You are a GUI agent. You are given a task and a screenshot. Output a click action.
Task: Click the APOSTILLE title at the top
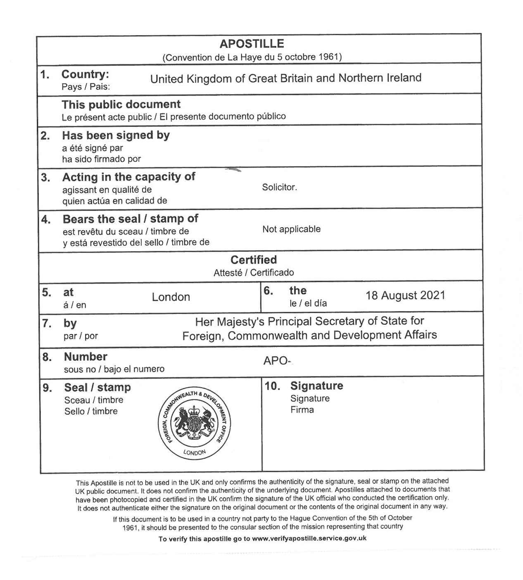252,44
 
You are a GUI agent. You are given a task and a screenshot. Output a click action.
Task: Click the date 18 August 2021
405,295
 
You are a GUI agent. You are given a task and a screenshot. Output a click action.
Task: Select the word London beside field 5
171,297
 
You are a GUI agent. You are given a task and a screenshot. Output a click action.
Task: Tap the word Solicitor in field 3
279,187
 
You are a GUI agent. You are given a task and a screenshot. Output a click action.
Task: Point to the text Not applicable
291,229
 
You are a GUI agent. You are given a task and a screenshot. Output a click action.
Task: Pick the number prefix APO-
277,361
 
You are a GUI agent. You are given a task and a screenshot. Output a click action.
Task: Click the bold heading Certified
254,260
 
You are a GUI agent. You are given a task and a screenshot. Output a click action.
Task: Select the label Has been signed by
116,135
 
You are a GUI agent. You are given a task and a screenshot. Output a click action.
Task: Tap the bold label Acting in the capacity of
128,177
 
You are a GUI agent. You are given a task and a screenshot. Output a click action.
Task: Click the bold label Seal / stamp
97,387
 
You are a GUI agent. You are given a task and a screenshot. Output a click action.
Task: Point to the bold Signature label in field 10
316,386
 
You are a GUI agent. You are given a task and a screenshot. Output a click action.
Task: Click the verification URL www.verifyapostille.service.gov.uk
309,538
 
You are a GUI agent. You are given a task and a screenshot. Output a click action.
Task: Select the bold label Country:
85,74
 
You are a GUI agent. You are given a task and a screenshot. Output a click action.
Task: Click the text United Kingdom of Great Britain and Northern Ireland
285,78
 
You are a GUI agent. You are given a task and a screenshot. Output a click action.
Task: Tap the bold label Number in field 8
86,357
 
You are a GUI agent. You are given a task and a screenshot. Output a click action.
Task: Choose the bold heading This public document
121,105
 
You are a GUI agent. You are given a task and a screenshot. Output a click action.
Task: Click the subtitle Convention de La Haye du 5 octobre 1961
252,57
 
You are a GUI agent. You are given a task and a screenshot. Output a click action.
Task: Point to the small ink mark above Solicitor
233,169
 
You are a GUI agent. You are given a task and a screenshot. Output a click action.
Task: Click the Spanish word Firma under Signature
302,410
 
